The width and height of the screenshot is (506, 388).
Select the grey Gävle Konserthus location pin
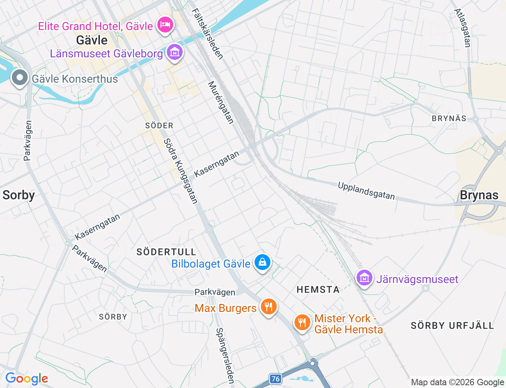coord(20,78)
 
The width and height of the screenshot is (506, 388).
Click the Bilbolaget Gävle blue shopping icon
coord(262,262)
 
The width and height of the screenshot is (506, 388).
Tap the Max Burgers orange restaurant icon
coord(268,307)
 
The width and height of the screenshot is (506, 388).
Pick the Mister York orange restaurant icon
coord(302,322)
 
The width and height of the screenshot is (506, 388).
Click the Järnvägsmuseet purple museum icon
coord(364,278)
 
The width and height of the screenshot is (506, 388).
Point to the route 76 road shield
coord(276,379)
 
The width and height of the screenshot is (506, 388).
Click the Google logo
coord(26,378)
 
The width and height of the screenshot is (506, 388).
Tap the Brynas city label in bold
coord(479,195)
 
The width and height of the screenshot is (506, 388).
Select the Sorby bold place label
coord(19,195)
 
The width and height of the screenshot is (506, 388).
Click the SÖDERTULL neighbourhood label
coord(166,252)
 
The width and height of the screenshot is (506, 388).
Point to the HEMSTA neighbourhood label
coord(318,289)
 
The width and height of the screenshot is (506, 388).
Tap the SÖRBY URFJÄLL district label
coord(452,325)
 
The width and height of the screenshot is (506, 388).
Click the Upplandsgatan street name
coord(366,190)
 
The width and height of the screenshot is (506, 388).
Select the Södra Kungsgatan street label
coord(181,171)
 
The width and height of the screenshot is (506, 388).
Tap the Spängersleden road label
coord(225,355)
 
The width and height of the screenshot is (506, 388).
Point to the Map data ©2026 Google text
coord(457,382)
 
